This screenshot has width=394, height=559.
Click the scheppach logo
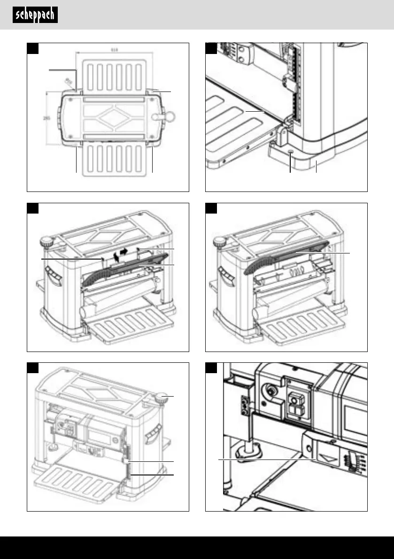pyautogui.click(x=35, y=15)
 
